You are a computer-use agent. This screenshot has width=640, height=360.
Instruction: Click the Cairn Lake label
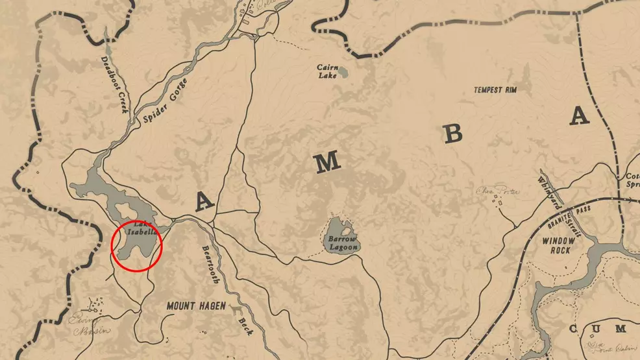pyautogui.click(x=326, y=71)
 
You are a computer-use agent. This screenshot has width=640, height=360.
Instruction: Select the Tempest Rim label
pyautogui.click(x=495, y=90)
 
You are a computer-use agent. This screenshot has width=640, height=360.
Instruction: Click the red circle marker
pyautogui.click(x=136, y=246)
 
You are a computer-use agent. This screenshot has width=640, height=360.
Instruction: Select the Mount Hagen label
pyautogui.click(x=195, y=306)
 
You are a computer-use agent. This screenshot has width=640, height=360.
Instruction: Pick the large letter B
pyautogui.click(x=453, y=134)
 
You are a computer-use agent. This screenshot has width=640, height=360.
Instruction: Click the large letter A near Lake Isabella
pyautogui.click(x=204, y=202)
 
